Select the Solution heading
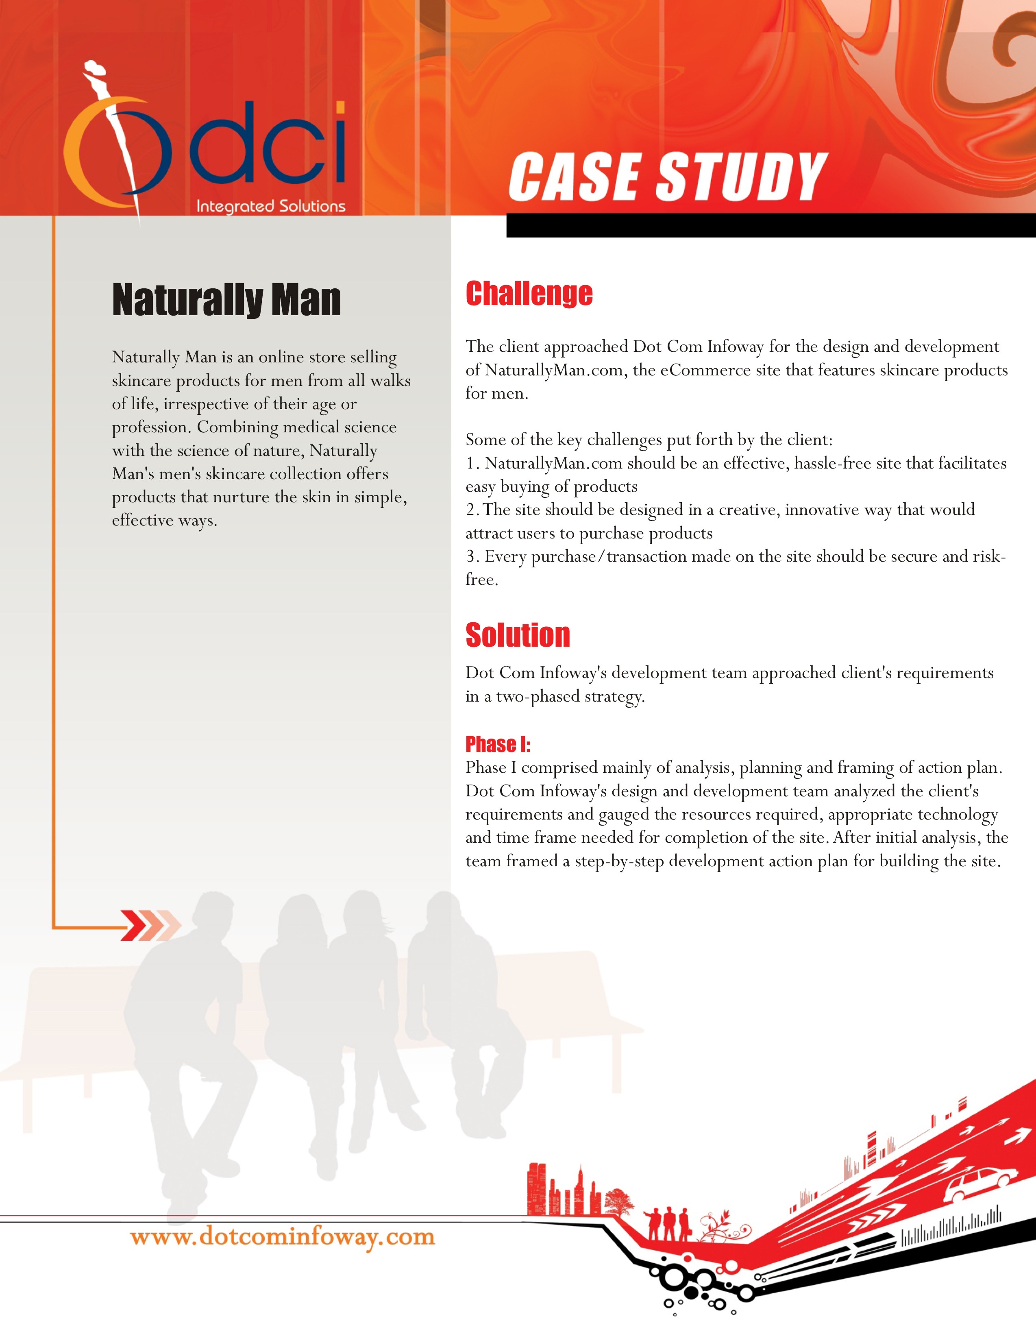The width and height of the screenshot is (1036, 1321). click(518, 635)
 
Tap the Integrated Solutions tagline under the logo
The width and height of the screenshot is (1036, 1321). click(270, 206)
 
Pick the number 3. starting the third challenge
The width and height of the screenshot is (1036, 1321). click(472, 556)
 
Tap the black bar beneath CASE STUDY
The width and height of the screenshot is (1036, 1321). click(770, 225)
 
